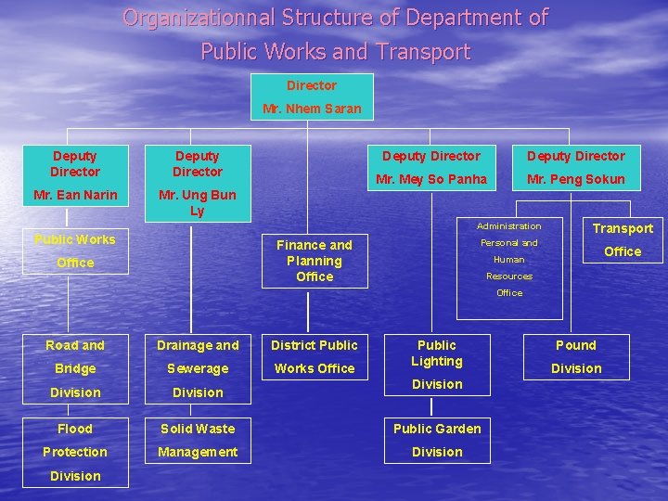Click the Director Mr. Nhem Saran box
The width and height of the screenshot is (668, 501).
pos(312,97)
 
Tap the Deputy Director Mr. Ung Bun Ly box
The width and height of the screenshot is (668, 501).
pos(197,182)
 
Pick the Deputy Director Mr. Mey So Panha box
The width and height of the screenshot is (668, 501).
pos(431,167)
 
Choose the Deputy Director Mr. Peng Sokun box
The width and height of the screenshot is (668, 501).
pos(576,167)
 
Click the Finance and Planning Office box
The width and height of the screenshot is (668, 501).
pos(315,261)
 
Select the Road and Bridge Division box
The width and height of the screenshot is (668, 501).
pos(75,368)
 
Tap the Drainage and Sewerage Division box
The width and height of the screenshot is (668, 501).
pos(198,368)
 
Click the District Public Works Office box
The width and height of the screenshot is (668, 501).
pos(314,357)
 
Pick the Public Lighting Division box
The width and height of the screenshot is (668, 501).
pos(437,363)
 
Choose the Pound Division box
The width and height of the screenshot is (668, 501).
pos(576,357)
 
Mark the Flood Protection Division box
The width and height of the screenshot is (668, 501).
pos(75,452)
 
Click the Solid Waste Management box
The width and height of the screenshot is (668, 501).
pos(198,441)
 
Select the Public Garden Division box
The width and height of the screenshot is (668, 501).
pos(437,441)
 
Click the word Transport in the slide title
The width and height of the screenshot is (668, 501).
pos(427,52)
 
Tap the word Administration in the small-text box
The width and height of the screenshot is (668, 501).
pos(508,226)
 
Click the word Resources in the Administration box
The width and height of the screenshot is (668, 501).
pos(509,276)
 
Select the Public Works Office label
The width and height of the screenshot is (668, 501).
pos(75,250)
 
